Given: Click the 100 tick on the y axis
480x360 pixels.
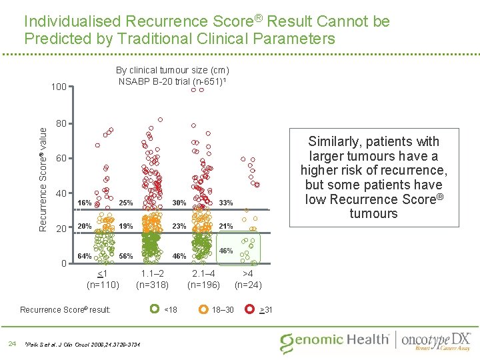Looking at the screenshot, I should pos(59,87).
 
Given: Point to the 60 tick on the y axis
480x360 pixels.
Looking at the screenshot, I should pos(61,159).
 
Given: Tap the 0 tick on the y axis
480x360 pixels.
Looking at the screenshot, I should pos(64,263).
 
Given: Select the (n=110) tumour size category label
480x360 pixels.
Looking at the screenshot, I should pos(103,285).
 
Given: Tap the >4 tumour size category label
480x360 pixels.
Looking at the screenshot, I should pos(247,273).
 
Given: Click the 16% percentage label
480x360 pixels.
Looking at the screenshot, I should pos(85,203).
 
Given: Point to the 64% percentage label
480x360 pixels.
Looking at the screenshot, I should pos(85,256).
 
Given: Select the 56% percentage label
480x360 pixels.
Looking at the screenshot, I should pos(125,256).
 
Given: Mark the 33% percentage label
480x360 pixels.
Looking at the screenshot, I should pos(226,203).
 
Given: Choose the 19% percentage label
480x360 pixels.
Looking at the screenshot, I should pos(125,226).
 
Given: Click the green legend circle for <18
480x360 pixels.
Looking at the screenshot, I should pos(153,309).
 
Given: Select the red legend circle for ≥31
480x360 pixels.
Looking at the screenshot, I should pos(249,309).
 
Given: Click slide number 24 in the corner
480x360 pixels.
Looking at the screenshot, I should pos(11,343).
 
